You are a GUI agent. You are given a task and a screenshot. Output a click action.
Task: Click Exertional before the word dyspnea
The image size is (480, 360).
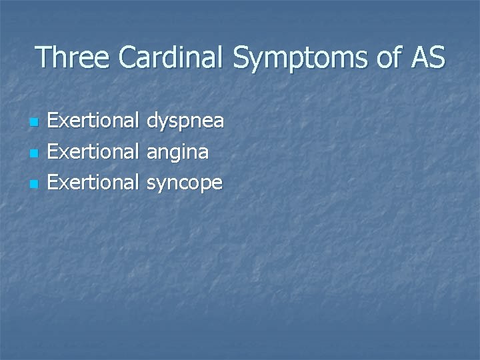[x=95, y=122]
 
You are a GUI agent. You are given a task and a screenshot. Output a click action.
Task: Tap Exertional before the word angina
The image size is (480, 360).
[x=95, y=153]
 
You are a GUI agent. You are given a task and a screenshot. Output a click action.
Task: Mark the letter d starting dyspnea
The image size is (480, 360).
[x=153, y=122]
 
